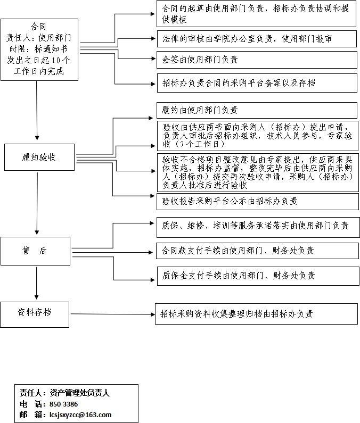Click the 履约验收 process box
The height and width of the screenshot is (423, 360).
pos(39,157)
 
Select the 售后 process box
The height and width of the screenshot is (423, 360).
pos(35,251)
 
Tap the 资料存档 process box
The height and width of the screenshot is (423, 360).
pos(35,314)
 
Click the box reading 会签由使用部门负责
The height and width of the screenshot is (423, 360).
pos(257,60)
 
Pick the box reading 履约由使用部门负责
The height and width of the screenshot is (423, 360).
pos(257,110)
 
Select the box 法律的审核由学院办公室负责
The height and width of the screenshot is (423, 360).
pos(257,39)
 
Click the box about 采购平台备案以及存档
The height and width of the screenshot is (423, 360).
pos(257,84)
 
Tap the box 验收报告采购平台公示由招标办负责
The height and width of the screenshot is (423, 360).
pos(258,202)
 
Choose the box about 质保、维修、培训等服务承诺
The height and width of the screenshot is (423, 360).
pos(258,227)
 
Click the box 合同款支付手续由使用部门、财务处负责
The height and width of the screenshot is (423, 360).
pos(257,251)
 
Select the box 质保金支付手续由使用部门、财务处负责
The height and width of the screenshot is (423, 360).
pos(258,276)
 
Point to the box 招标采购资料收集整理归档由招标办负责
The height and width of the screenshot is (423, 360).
pos(256,314)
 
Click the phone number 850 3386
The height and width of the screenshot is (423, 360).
pos(64,404)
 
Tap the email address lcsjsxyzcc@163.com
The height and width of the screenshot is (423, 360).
pos(80,414)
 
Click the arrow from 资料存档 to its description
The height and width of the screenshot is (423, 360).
pos(112,314)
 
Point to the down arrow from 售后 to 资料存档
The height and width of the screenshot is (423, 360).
pos(36,283)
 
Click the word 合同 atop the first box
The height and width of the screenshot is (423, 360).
pos(38,27)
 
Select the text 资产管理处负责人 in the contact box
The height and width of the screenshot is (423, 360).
pos(80,393)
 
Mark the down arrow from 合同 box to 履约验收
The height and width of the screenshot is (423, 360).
pos(37,111)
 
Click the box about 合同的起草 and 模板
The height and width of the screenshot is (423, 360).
pos(256,14)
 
